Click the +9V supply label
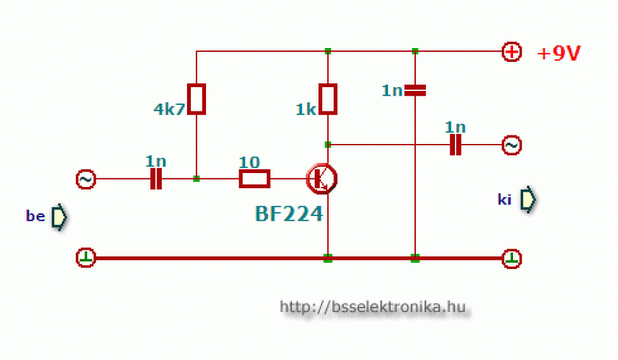coord(559,54)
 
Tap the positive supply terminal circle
coord(512,52)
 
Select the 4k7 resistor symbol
coord(197,99)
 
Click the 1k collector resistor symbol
coord(328,99)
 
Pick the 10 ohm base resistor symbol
coord(254,179)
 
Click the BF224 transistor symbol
coord(322,179)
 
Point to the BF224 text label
coord(289,214)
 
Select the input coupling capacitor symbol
coord(155,179)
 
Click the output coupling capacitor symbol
coord(455,145)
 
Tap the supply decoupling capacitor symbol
coord(415,90)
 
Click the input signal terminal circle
coord(86,179)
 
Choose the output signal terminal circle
coord(512,145)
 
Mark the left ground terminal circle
coord(86,258)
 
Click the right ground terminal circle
coord(512,258)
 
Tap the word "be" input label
coord(35,216)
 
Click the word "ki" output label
coord(504,199)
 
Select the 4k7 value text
coord(169,110)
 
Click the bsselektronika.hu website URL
coord(373,306)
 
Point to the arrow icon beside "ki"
coord(528,199)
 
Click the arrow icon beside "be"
coord(59,217)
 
